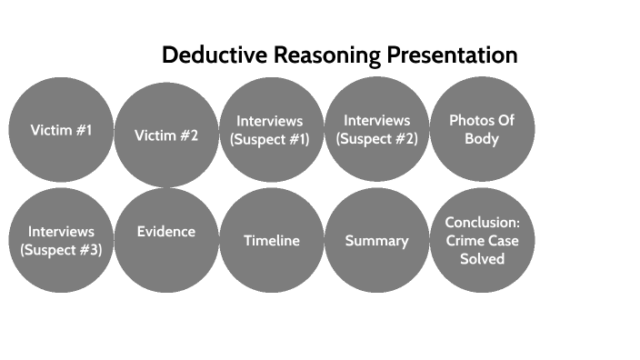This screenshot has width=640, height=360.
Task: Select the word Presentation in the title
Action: pyautogui.click(x=452, y=55)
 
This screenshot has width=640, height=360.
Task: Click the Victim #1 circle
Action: pyautogui.click(x=61, y=130)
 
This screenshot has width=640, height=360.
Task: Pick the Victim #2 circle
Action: pyautogui.click(x=166, y=135)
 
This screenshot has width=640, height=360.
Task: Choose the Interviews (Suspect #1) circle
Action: pyautogui.click(x=271, y=130)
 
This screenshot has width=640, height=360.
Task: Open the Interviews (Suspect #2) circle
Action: pyautogui.click(x=376, y=130)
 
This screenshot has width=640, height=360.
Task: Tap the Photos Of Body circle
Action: pyautogui.click(x=481, y=129)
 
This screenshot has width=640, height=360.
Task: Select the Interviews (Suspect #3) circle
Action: pyautogui.click(x=61, y=241)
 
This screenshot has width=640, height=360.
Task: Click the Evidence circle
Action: pyautogui.click(x=166, y=239)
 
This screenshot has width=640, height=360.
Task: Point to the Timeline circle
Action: pyautogui.click(x=271, y=241)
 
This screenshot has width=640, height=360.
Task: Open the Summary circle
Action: pyautogui.click(x=376, y=241)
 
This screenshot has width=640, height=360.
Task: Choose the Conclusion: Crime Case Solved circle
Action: pyautogui.click(x=481, y=241)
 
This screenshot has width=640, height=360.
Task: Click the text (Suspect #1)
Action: pyautogui.click(x=270, y=139)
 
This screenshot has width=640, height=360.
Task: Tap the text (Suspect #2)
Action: pyautogui.click(x=376, y=139)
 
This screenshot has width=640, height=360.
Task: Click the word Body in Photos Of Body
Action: pyautogui.click(x=481, y=139)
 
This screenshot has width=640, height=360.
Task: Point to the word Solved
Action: pyautogui.click(x=481, y=259)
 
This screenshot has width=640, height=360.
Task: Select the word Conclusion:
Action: pyautogui.click(x=482, y=223)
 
